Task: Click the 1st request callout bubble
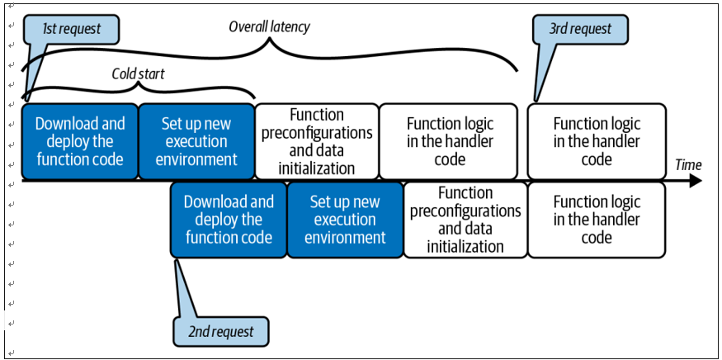(x=71, y=29)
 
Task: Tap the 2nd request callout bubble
(x=220, y=331)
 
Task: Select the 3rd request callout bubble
(x=580, y=29)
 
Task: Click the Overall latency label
(x=269, y=27)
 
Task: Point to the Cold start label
(x=138, y=73)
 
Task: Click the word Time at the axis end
(x=688, y=165)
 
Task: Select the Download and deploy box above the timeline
(x=80, y=141)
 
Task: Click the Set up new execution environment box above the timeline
(x=196, y=141)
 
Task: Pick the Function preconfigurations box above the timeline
(x=317, y=141)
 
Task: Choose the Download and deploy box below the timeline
(x=229, y=220)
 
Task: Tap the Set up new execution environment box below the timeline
(x=345, y=220)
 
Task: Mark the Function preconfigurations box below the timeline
(x=465, y=220)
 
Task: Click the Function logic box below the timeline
(x=597, y=220)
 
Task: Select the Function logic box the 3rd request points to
(x=597, y=141)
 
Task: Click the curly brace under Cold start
(x=138, y=86)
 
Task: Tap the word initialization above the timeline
(x=317, y=168)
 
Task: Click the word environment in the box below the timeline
(x=345, y=239)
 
